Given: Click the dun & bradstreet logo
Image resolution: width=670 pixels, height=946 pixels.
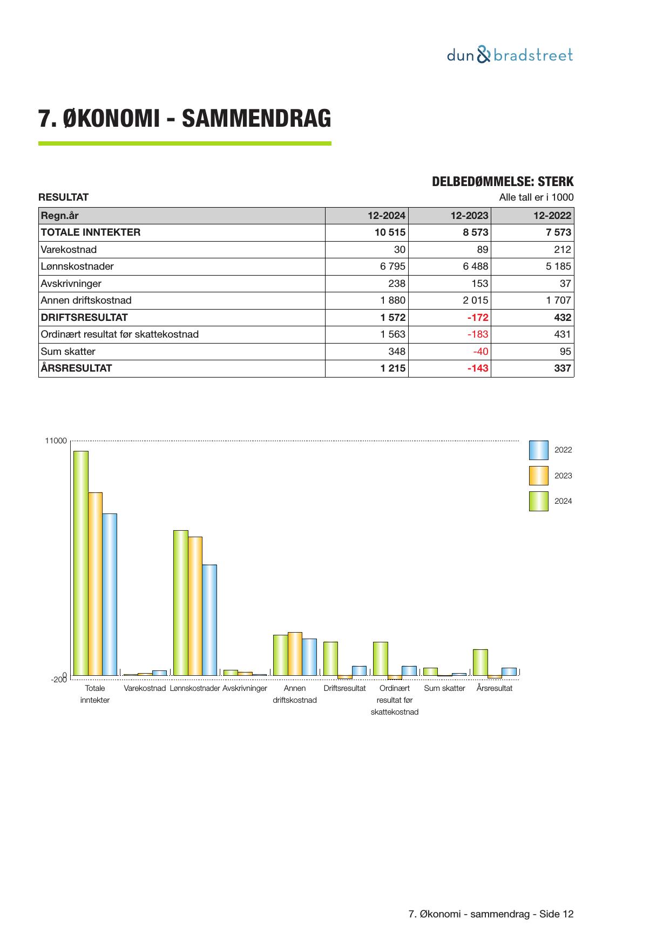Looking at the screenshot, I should coord(510,55).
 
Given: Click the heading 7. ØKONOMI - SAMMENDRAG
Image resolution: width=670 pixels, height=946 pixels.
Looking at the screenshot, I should coord(185,118).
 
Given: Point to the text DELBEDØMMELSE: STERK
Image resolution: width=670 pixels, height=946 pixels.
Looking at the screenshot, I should coord(503,182).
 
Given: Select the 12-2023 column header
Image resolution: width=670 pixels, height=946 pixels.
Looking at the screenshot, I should coord(469,216).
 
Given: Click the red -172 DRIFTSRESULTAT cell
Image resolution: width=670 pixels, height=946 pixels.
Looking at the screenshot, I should coord(477,318).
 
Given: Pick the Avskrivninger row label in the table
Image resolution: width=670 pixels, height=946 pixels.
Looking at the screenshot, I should coord(71,283).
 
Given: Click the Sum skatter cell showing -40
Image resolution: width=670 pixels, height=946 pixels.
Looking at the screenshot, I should coord(480,352).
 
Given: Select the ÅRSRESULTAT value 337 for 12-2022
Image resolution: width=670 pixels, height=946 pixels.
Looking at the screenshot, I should coord(562,368).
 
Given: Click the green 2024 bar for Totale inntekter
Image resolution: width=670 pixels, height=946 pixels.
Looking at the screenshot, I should coord(81,563).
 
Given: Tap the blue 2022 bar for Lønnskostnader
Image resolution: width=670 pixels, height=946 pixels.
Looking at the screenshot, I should coord(209,620).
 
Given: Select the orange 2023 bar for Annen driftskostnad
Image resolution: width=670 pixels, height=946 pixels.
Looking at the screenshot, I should coord(295,653).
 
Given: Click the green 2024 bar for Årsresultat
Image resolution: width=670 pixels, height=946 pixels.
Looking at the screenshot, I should coord(480,662).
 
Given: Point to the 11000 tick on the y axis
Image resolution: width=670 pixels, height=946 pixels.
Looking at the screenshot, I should coord(56,441).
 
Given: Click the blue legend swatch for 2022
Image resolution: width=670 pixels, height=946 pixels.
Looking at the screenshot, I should coord(538,450).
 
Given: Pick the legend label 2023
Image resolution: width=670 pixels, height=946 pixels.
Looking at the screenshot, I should coord(563,476).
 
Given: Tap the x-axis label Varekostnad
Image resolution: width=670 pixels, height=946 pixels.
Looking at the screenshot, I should coord(145,688).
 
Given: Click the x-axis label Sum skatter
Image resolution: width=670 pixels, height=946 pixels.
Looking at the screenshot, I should coord(444,688).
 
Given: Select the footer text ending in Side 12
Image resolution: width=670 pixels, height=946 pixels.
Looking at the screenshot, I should coord(491,914).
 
